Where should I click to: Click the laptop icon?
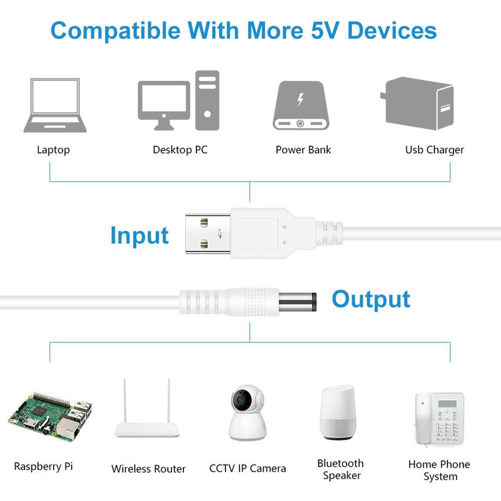(x=55, y=105)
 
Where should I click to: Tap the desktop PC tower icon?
(x=207, y=100)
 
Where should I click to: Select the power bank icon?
(x=299, y=105)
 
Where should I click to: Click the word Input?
(x=139, y=235)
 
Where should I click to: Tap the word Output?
(x=371, y=299)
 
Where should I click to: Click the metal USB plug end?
(x=208, y=231)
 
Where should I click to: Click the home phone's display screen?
(x=447, y=404)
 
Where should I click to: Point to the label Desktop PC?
(x=180, y=150)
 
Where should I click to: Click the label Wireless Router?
(x=148, y=469)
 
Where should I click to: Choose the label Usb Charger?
(x=434, y=150)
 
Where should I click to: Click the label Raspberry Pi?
(x=43, y=466)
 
